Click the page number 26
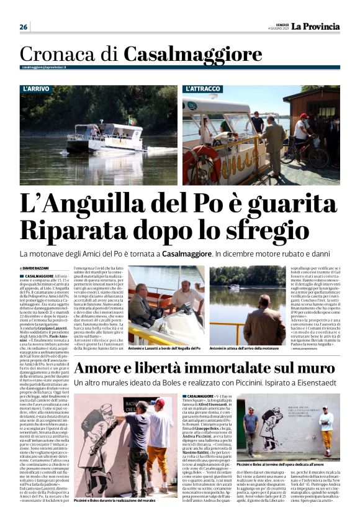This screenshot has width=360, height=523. coord(23,27)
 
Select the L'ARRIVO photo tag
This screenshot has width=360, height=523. coord(36,89)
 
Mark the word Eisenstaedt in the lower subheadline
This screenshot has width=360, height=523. coord(313,384)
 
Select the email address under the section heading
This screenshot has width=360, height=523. coord(44,66)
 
